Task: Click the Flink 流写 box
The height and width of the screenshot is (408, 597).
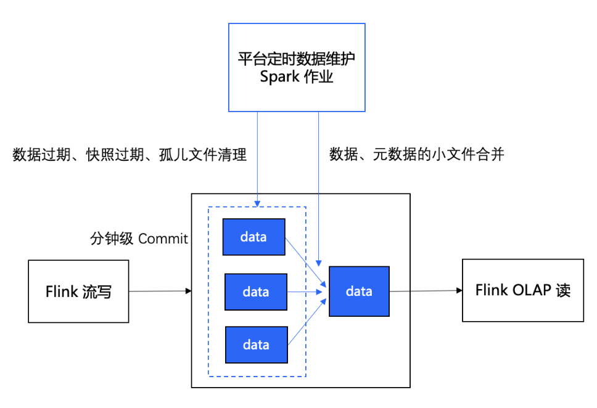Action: point(78,291)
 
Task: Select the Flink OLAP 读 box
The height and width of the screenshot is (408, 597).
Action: point(522,290)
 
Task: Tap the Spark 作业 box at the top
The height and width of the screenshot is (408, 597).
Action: point(297,68)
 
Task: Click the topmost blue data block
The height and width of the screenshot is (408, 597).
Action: point(253,237)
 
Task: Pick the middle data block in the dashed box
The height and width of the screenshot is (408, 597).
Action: point(255,292)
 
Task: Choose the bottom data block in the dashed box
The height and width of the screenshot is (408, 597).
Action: point(255,345)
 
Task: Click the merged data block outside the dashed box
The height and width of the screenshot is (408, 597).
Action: point(359,291)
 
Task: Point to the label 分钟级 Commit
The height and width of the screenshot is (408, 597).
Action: point(139,239)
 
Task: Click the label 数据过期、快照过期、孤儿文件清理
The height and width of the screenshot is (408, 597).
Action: point(130,155)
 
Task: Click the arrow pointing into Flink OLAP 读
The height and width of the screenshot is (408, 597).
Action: point(426,290)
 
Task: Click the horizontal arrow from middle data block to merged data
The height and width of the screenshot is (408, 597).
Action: point(307,291)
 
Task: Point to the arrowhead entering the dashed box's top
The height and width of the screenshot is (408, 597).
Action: point(257,202)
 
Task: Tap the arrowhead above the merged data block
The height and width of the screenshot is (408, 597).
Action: point(318,262)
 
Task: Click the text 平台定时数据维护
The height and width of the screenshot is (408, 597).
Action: point(297,59)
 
